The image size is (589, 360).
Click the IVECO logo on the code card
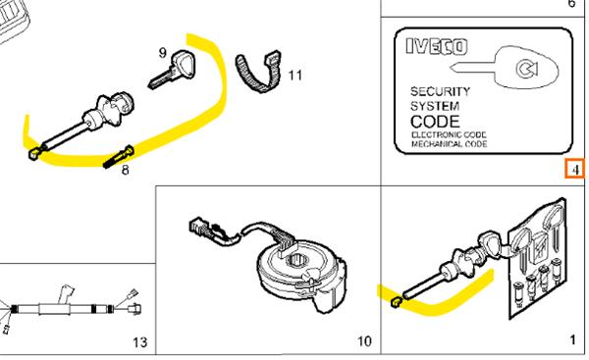point(437,47)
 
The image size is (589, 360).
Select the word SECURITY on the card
point(440,91)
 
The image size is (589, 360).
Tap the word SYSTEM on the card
point(435,106)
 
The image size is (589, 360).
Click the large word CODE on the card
point(435,122)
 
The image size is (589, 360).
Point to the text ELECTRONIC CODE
point(449,134)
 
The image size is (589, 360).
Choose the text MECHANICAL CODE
point(450,144)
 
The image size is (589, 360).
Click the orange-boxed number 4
point(575,170)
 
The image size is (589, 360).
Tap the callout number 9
point(162,53)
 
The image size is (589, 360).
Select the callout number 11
point(294,76)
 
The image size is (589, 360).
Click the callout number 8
point(125,170)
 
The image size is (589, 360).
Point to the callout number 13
point(139,342)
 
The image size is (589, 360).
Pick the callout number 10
point(364,341)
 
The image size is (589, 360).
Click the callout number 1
point(572,340)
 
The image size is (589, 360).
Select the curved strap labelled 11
point(259,72)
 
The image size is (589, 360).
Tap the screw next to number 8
point(119,158)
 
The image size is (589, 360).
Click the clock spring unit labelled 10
point(300,272)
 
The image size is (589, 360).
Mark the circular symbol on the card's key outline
point(527,69)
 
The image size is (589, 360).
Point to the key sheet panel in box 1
point(538,259)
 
